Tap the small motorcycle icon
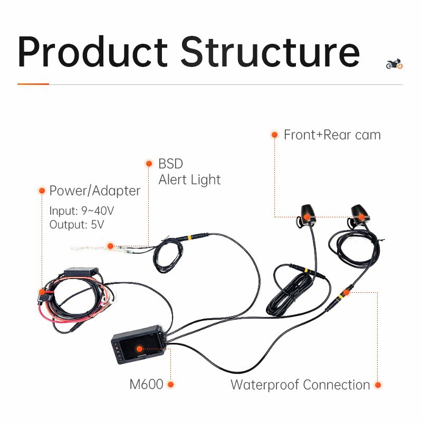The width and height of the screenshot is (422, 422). coord(394,64)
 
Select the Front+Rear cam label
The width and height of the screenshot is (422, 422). coord(332,135)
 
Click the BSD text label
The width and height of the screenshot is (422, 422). coord(170,164)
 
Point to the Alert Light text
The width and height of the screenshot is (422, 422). coord(189,180)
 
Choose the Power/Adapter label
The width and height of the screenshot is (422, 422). coord(94,191)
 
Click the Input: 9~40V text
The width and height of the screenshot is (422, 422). coord(82,210)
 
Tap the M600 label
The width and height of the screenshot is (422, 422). coord(146,385)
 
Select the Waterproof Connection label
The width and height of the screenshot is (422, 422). coord(300,385)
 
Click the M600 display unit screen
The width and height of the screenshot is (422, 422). coord(139,349)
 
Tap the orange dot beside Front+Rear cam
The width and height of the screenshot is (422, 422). coord(274,135)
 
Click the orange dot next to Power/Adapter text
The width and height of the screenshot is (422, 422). coord(42,190)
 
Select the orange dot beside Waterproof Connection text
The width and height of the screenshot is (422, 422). coord(378,385)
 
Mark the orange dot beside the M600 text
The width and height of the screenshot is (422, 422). coord(170,385)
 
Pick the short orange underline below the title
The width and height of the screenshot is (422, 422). coord(33,84)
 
